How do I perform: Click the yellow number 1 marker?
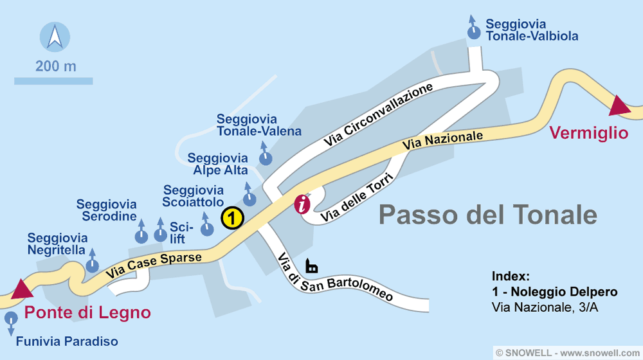coord(231,218)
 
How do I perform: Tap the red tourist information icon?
coord(302,204)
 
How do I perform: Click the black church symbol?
coord(312,265)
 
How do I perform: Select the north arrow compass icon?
coord(55,37)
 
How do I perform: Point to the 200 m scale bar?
coord(53,81)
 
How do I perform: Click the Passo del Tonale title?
coord(487,213)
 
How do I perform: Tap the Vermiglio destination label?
coord(588,133)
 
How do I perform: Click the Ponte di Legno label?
coord(87,313)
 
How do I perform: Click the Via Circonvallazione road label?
coord(378,114)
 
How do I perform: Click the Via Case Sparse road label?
coord(154,264)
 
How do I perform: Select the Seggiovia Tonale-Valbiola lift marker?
coord(474,33)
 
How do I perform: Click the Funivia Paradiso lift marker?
coord(11,319)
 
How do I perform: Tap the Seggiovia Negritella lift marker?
coord(93,264)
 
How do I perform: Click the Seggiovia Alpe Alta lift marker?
coord(248,198)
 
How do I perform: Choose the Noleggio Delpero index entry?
coord(554,292)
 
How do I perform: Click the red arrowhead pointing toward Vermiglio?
coord(620,105)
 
